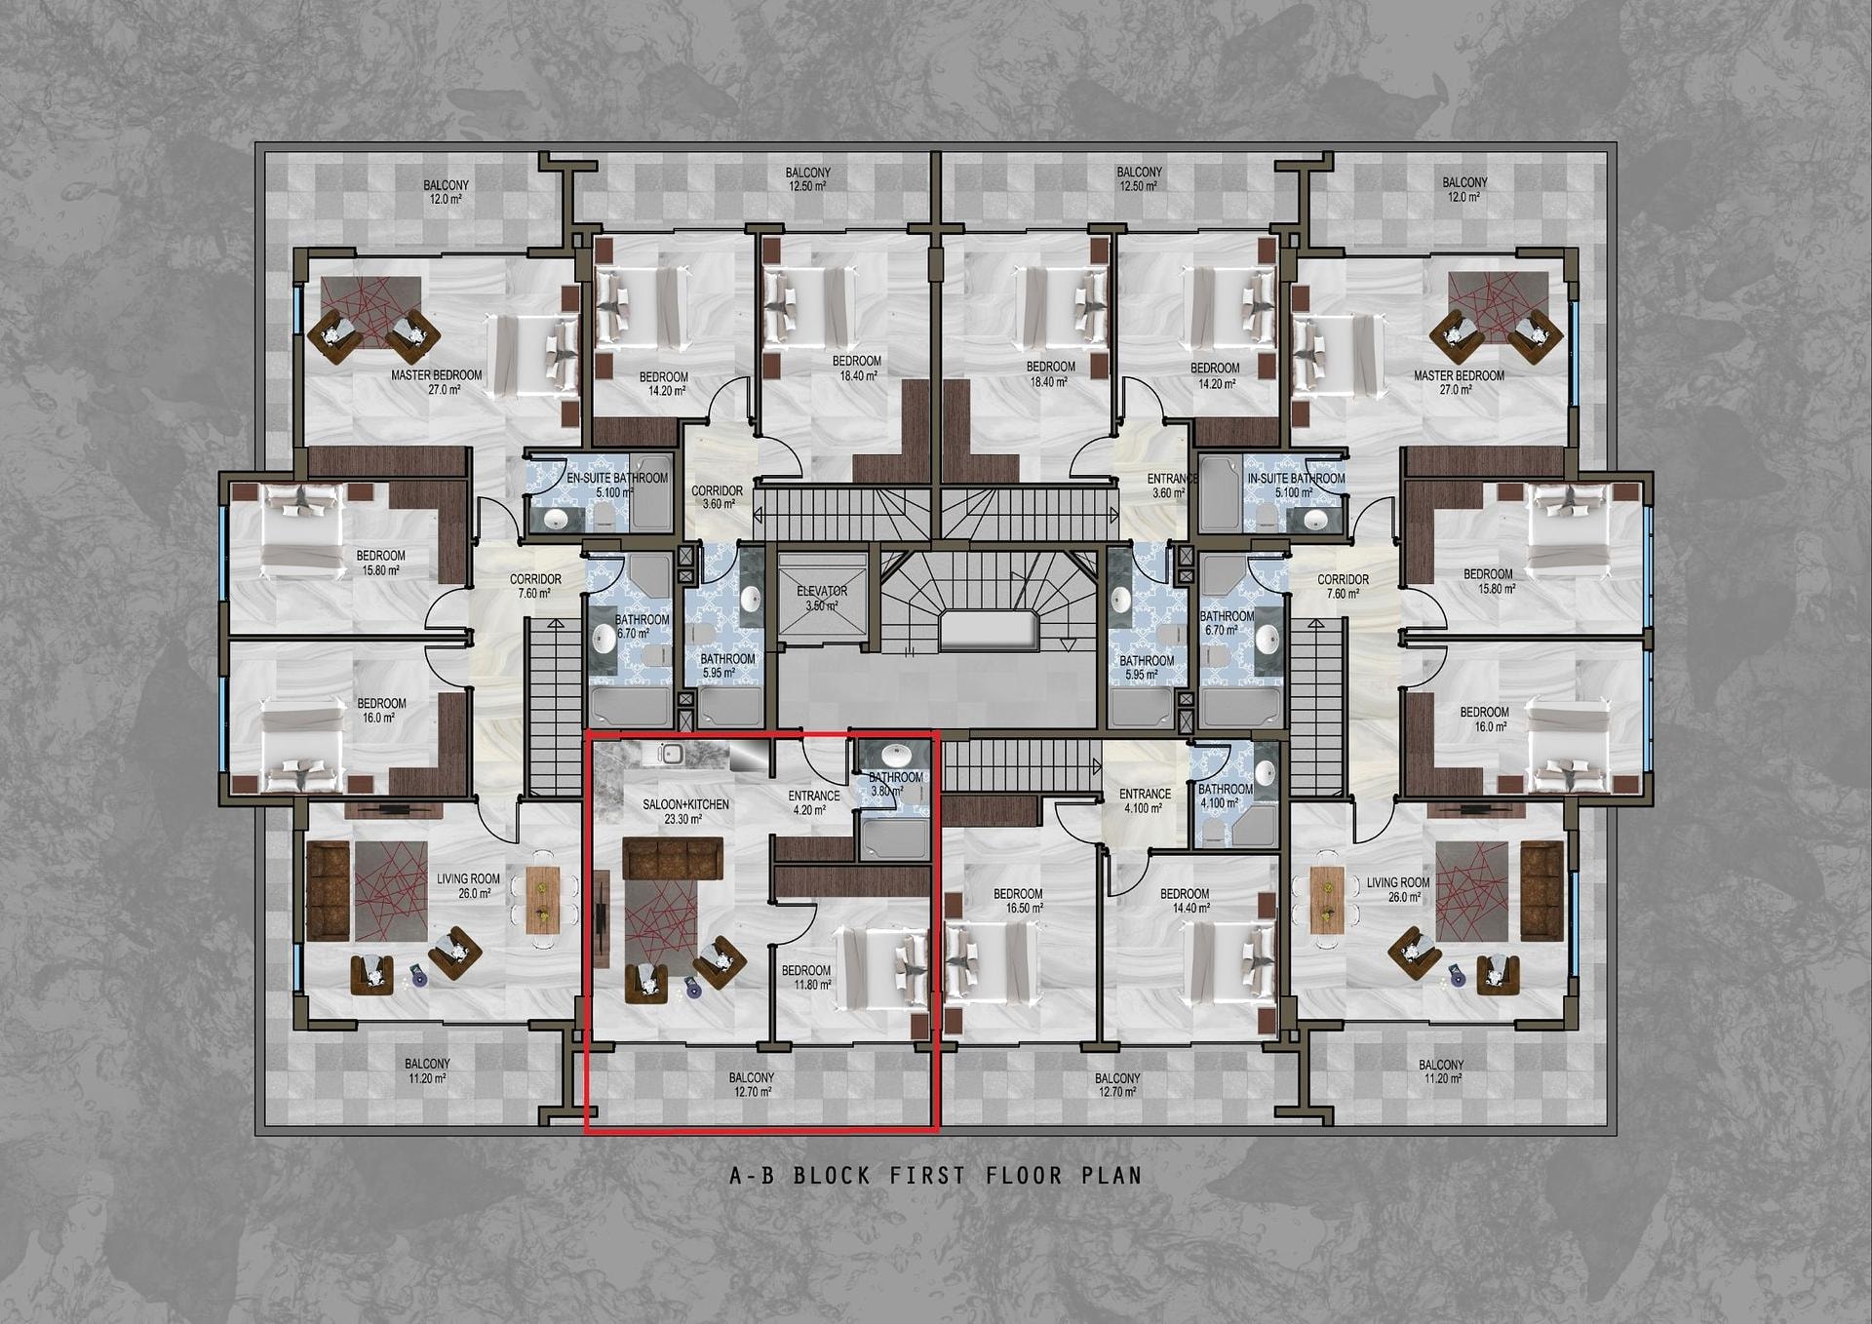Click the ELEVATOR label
[822, 591]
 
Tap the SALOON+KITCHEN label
[685, 804]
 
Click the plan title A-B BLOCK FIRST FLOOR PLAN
[936, 1175]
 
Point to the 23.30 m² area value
[682, 820]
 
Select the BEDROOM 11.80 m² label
[806, 978]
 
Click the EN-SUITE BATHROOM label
[617, 478]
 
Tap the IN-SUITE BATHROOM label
[1296, 478]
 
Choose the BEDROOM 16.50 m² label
[1018, 901]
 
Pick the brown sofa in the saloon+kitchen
[673, 857]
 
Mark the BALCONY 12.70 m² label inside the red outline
[752, 1084]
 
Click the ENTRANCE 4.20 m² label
[813, 802]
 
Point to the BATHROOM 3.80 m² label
[895, 784]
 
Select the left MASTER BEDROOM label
[437, 375]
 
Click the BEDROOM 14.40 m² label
[1185, 901]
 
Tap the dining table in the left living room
[542, 899]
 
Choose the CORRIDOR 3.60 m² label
[718, 497]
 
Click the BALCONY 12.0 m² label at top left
[446, 191]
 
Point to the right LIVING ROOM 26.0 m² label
[1398, 890]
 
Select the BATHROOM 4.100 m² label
[1226, 796]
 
